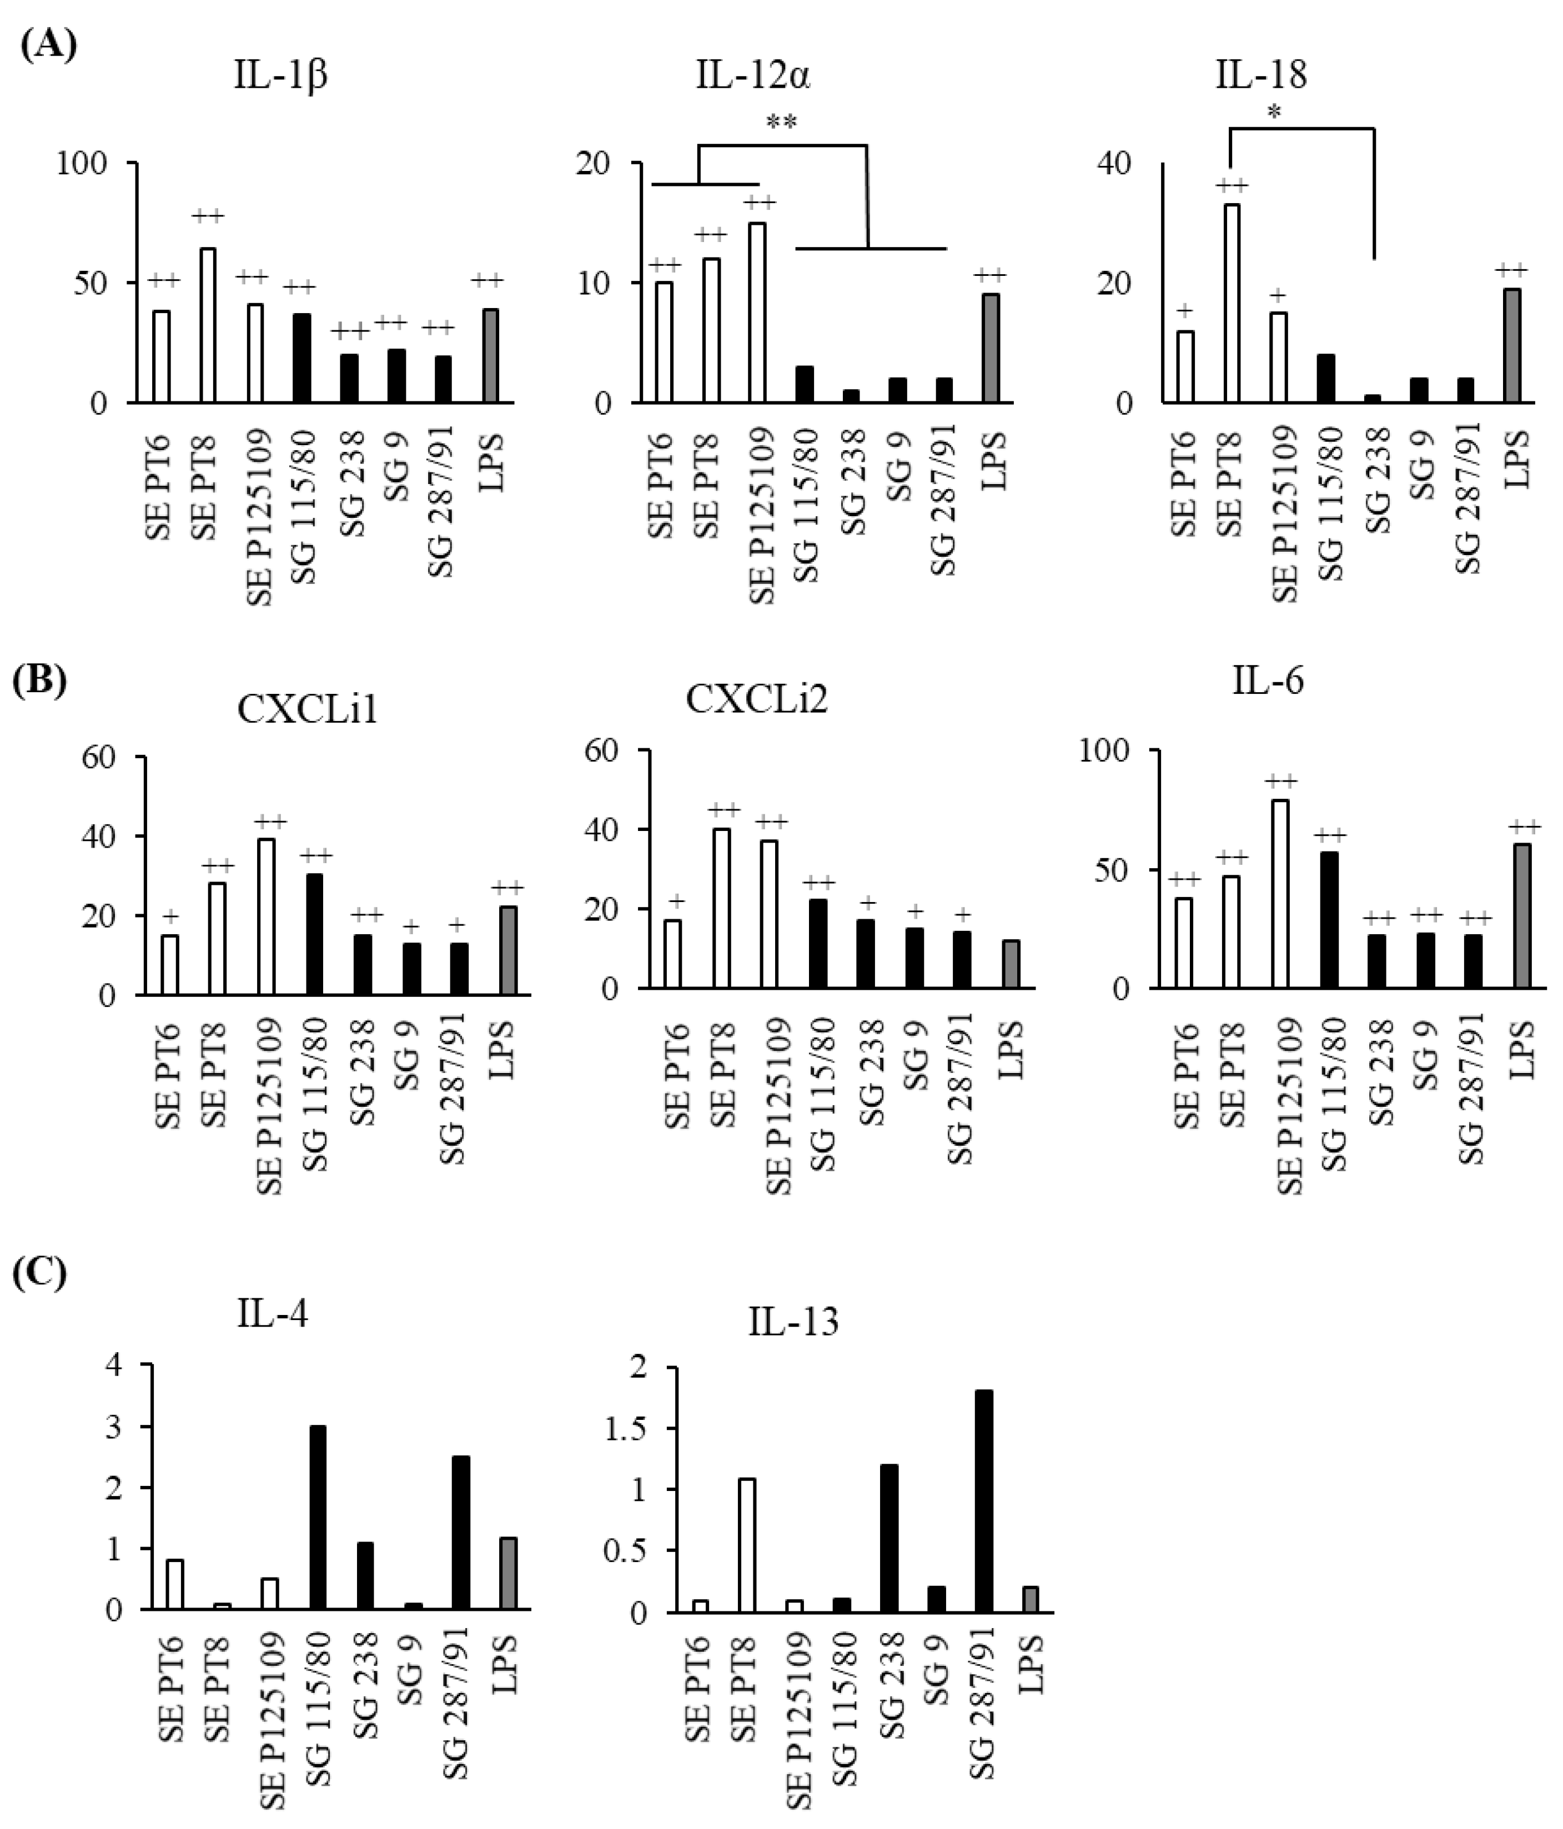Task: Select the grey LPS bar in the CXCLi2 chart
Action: coord(1011,964)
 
